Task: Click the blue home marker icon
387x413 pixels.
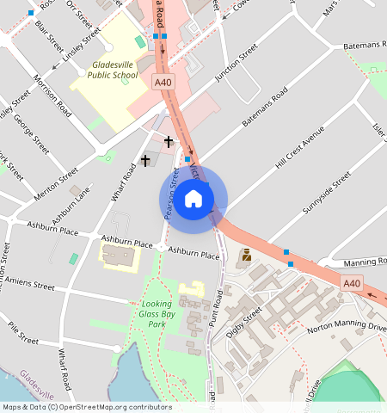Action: tap(193, 199)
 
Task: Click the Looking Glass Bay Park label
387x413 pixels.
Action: tap(155, 314)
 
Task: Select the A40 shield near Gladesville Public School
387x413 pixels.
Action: tap(163, 82)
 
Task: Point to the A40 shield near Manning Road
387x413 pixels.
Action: tap(352, 283)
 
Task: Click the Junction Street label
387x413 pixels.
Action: tap(236, 65)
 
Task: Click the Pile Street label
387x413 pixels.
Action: tap(23, 333)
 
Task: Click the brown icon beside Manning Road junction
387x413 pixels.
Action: tap(247, 255)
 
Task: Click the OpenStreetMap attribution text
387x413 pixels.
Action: tap(86, 407)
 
